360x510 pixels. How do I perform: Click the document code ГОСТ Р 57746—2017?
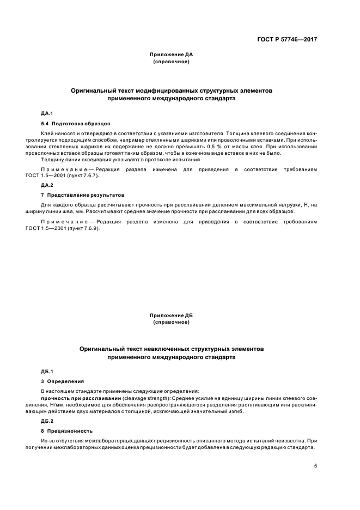point(288,40)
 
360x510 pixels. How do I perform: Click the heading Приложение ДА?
point(172,55)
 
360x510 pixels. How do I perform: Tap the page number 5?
point(315,466)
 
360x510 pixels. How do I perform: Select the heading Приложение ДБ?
point(172,315)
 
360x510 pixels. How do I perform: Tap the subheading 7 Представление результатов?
point(83,195)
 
